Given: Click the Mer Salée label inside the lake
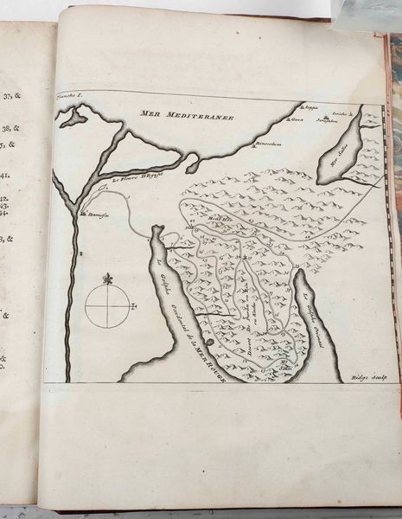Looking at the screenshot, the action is (332, 158).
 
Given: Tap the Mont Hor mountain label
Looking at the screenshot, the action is (215, 220).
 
